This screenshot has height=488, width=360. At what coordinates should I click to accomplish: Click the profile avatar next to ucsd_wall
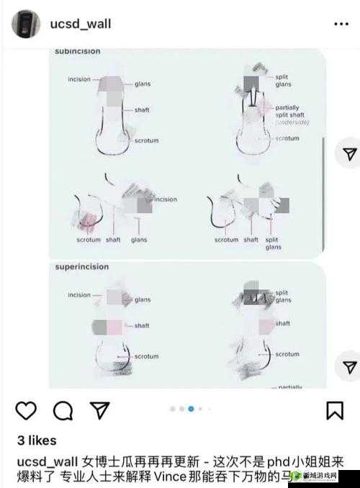click(x=26, y=24)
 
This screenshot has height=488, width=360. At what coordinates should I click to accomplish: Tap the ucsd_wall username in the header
click(x=81, y=24)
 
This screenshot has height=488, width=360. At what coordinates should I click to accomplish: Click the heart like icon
click(x=26, y=410)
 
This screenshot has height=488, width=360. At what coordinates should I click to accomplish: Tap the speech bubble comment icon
click(x=63, y=410)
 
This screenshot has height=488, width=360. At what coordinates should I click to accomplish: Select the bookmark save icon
click(x=334, y=410)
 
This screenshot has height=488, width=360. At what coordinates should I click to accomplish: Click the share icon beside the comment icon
click(x=100, y=410)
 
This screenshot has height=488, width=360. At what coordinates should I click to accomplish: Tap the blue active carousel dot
click(x=191, y=409)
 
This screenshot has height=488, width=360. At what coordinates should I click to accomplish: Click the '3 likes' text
click(x=36, y=440)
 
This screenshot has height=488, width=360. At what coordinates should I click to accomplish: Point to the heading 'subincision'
click(x=78, y=52)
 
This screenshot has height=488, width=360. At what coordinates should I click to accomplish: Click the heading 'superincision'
click(x=82, y=267)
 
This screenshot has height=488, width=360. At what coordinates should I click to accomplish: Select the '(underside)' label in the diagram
click(x=292, y=123)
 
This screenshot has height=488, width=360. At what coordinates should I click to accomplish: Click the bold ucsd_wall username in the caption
click(x=45, y=460)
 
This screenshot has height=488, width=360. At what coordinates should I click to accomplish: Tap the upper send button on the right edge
click(x=348, y=154)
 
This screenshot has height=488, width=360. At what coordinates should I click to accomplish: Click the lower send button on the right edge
click(x=348, y=366)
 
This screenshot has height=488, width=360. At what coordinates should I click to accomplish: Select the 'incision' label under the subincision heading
click(x=79, y=79)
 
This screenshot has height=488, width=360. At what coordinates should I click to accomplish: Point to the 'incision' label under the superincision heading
click(x=79, y=295)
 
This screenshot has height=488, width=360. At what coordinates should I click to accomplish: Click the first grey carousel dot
click(x=173, y=409)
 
